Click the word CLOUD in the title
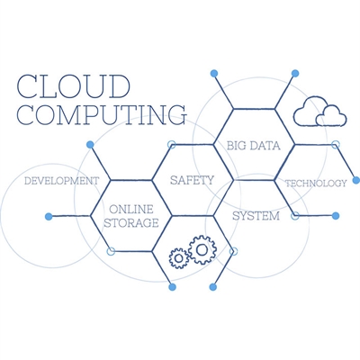pyautogui.click(x=74, y=86)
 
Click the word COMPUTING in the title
pyautogui.click(x=102, y=115)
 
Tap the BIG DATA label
pyautogui.click(x=254, y=146)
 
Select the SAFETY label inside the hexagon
pyautogui.click(x=192, y=180)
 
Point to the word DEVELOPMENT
pyautogui.click(x=61, y=181)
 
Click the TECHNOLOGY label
pyautogui.click(x=316, y=183)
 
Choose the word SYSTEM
pyautogui.click(x=256, y=216)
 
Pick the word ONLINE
pyautogui.click(x=131, y=209)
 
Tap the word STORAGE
pyautogui.click(x=131, y=223)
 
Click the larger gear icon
pyautogui.click(x=202, y=249)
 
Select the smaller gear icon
pyautogui.click(x=179, y=258)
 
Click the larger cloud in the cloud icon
pyautogui.click(x=309, y=111)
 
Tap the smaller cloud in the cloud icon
pyautogui.click(x=331, y=116)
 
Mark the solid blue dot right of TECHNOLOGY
pyautogui.click(x=356, y=180)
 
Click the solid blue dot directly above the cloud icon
pyautogui.click(x=295, y=73)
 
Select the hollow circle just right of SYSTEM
pyautogui.click(x=295, y=216)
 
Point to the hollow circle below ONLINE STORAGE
pyautogui.click(x=111, y=251)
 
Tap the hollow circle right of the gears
pyautogui.click(x=233, y=251)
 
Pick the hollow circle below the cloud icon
pyautogui.click(x=335, y=145)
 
